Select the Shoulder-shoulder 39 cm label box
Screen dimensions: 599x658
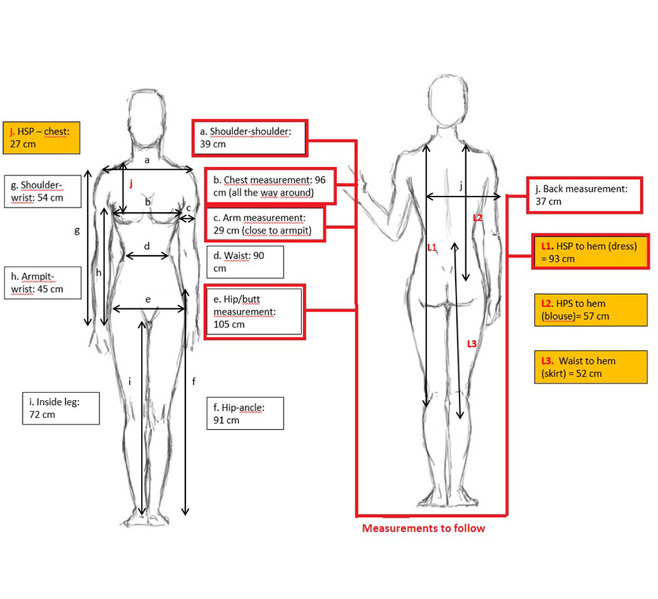point(250,137)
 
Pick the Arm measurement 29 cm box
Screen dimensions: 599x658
point(265,224)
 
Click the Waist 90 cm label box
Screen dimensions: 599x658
point(245,262)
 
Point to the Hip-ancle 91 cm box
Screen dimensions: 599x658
point(244,413)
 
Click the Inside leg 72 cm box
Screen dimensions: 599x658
point(61,408)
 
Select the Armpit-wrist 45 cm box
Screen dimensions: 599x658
point(42,282)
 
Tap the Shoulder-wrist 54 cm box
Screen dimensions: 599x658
point(42,191)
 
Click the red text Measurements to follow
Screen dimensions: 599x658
point(423,528)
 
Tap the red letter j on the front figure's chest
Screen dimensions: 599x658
point(131,184)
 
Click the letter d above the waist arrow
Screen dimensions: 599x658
point(147,246)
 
